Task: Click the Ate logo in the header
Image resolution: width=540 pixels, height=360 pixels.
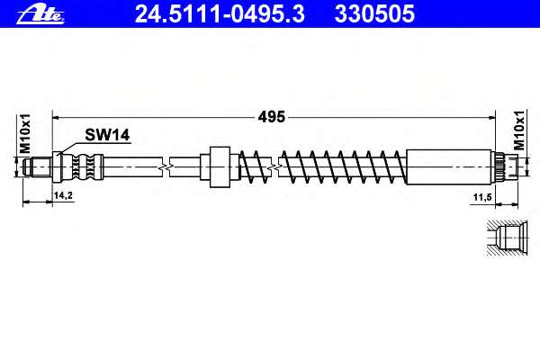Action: pyautogui.click(x=40, y=14)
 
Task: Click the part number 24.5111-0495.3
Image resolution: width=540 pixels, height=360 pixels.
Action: pyautogui.click(x=220, y=14)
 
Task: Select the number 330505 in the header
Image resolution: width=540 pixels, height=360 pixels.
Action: pyautogui.click(x=374, y=14)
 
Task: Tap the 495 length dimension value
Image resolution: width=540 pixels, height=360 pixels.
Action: pyautogui.click(x=272, y=117)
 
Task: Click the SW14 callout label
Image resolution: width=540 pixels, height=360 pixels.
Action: pyautogui.click(x=107, y=135)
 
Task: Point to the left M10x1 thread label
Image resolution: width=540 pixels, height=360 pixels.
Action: pyautogui.click(x=25, y=133)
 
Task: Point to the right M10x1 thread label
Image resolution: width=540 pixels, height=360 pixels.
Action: pyautogui.click(x=519, y=130)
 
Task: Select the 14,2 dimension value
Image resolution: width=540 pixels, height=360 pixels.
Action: pyautogui.click(x=63, y=195)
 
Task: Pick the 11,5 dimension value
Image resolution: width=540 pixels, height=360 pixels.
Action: pyautogui.click(x=482, y=197)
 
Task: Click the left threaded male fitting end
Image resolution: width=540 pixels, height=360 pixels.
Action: pyautogui.click(x=38, y=167)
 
